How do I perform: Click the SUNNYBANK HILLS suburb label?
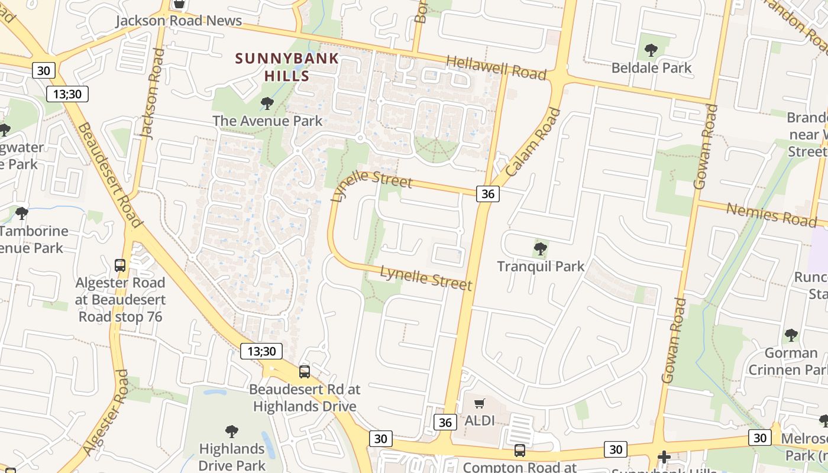(287, 67)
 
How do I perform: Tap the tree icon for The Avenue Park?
(267, 104)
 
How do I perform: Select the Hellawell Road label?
(496, 67)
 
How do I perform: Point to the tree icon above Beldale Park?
(651, 50)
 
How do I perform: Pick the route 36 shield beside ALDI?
(445, 422)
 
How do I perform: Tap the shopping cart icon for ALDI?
(480, 404)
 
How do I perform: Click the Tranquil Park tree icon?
(540, 249)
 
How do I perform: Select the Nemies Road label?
(771, 214)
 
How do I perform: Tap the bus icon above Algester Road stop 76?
(120, 265)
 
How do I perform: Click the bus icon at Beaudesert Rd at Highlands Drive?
(305, 371)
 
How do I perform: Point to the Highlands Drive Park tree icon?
(231, 432)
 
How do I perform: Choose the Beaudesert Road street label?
(110, 175)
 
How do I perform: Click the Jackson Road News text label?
(179, 21)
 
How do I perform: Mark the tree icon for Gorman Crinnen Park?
(791, 336)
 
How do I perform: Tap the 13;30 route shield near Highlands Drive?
(261, 351)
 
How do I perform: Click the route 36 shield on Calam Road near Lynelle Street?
(487, 193)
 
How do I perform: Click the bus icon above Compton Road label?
(519, 451)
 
